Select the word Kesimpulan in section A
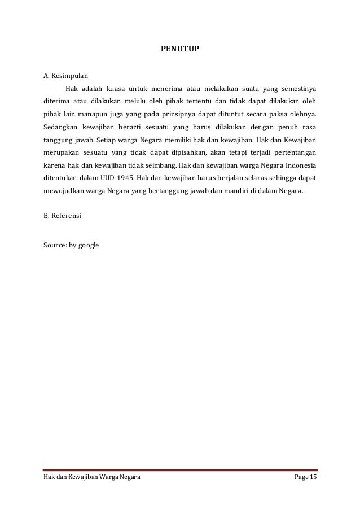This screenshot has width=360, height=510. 70,75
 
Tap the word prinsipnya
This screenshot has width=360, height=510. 200,115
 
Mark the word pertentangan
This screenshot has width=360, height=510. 291,152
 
